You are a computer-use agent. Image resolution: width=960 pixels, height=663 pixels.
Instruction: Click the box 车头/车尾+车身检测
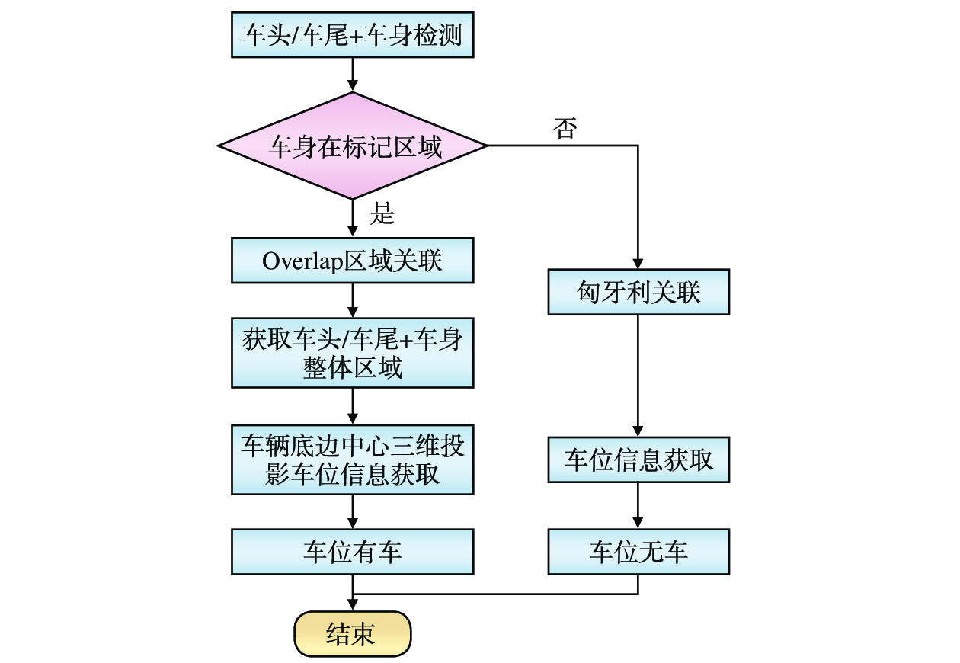point(352,35)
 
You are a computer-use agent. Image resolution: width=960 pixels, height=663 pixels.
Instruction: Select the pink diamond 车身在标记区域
point(352,146)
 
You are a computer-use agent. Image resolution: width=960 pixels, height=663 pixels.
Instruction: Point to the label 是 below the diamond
point(382,214)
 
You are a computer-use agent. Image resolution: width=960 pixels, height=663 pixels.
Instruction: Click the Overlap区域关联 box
point(352,261)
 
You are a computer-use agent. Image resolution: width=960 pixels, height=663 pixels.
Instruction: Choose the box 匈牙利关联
point(638,292)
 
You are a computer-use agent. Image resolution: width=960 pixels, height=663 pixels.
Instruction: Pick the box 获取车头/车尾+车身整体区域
point(352,353)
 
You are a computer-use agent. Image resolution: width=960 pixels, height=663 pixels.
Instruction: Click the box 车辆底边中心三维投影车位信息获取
point(352,460)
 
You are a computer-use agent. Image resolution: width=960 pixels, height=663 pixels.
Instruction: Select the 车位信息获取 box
point(638,460)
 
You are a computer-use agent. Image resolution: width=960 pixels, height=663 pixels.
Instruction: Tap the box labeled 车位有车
point(352,552)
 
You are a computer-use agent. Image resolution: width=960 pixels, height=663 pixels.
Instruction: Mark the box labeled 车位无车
point(638,552)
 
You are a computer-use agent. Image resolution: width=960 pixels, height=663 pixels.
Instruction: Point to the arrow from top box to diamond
point(352,75)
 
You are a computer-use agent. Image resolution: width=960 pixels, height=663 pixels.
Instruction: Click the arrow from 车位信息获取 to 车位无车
point(638,505)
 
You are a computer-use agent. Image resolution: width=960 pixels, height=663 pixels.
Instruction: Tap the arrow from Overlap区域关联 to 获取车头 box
point(352,300)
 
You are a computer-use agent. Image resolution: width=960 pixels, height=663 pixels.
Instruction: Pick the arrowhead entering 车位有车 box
point(352,524)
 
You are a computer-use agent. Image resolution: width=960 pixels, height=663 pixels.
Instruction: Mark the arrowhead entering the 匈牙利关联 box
point(638,264)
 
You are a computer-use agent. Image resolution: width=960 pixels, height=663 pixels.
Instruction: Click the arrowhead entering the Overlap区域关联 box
point(352,233)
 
